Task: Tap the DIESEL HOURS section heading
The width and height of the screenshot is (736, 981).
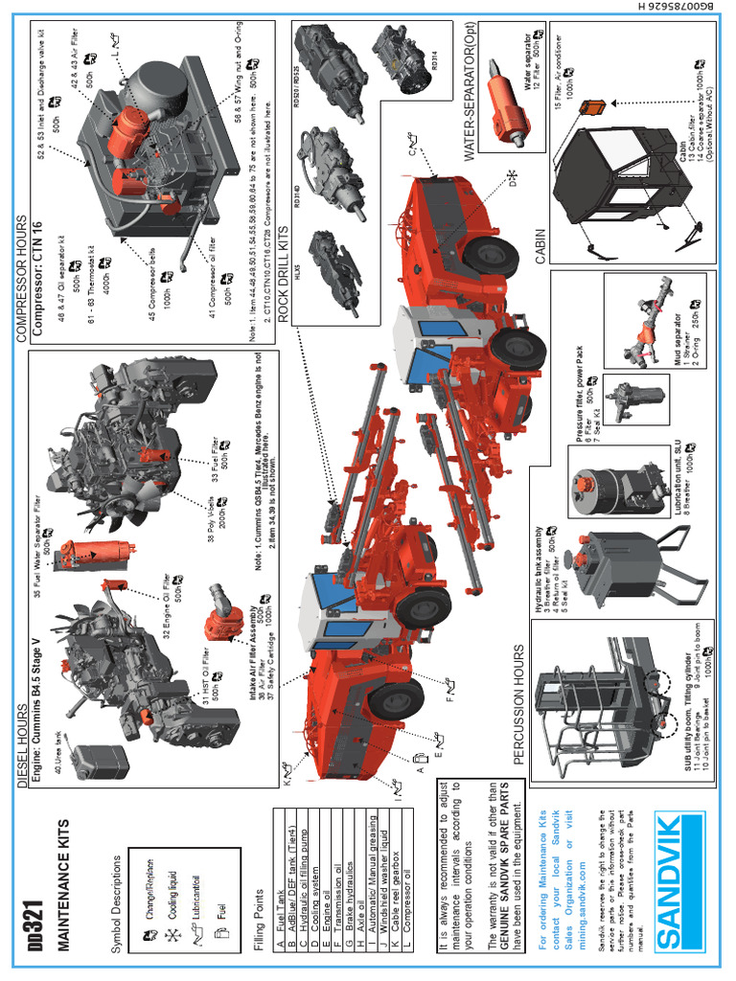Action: pyautogui.click(x=20, y=743)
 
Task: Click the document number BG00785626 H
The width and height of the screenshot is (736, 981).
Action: pyautogui.click(x=724, y=57)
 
